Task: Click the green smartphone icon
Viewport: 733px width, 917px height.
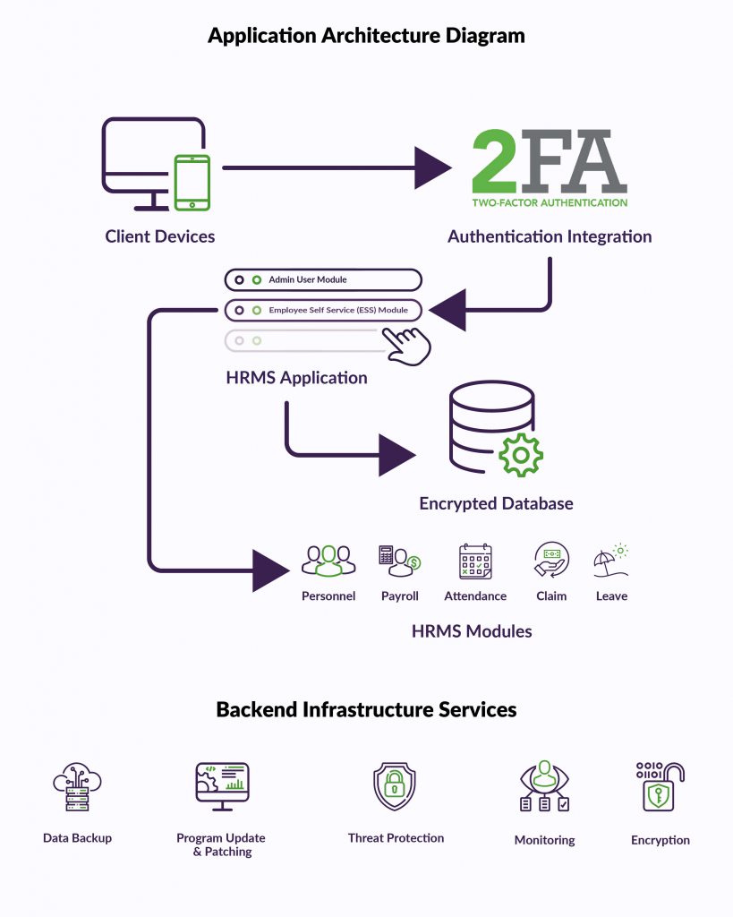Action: pos(192,183)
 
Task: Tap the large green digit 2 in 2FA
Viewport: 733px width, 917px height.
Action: pos(499,161)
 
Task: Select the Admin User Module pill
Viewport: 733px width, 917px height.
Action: pos(322,280)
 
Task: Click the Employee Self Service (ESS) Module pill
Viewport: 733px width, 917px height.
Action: pos(322,311)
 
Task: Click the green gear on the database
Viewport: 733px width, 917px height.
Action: pos(520,454)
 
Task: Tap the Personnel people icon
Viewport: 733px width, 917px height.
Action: pos(328,561)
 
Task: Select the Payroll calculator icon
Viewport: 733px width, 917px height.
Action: pos(399,561)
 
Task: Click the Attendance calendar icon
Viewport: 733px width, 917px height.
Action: pos(475,561)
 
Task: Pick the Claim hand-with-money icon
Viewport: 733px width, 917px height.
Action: pos(551,561)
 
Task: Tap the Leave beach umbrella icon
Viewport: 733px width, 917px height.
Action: pos(611,561)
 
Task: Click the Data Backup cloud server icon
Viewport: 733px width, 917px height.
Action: pos(77,788)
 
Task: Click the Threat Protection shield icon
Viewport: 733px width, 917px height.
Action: pos(396,786)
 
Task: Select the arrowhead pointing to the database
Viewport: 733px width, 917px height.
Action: pos(396,454)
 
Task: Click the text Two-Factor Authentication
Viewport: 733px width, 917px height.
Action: pos(550,202)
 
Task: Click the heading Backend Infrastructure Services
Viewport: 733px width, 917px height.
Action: pos(366,710)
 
